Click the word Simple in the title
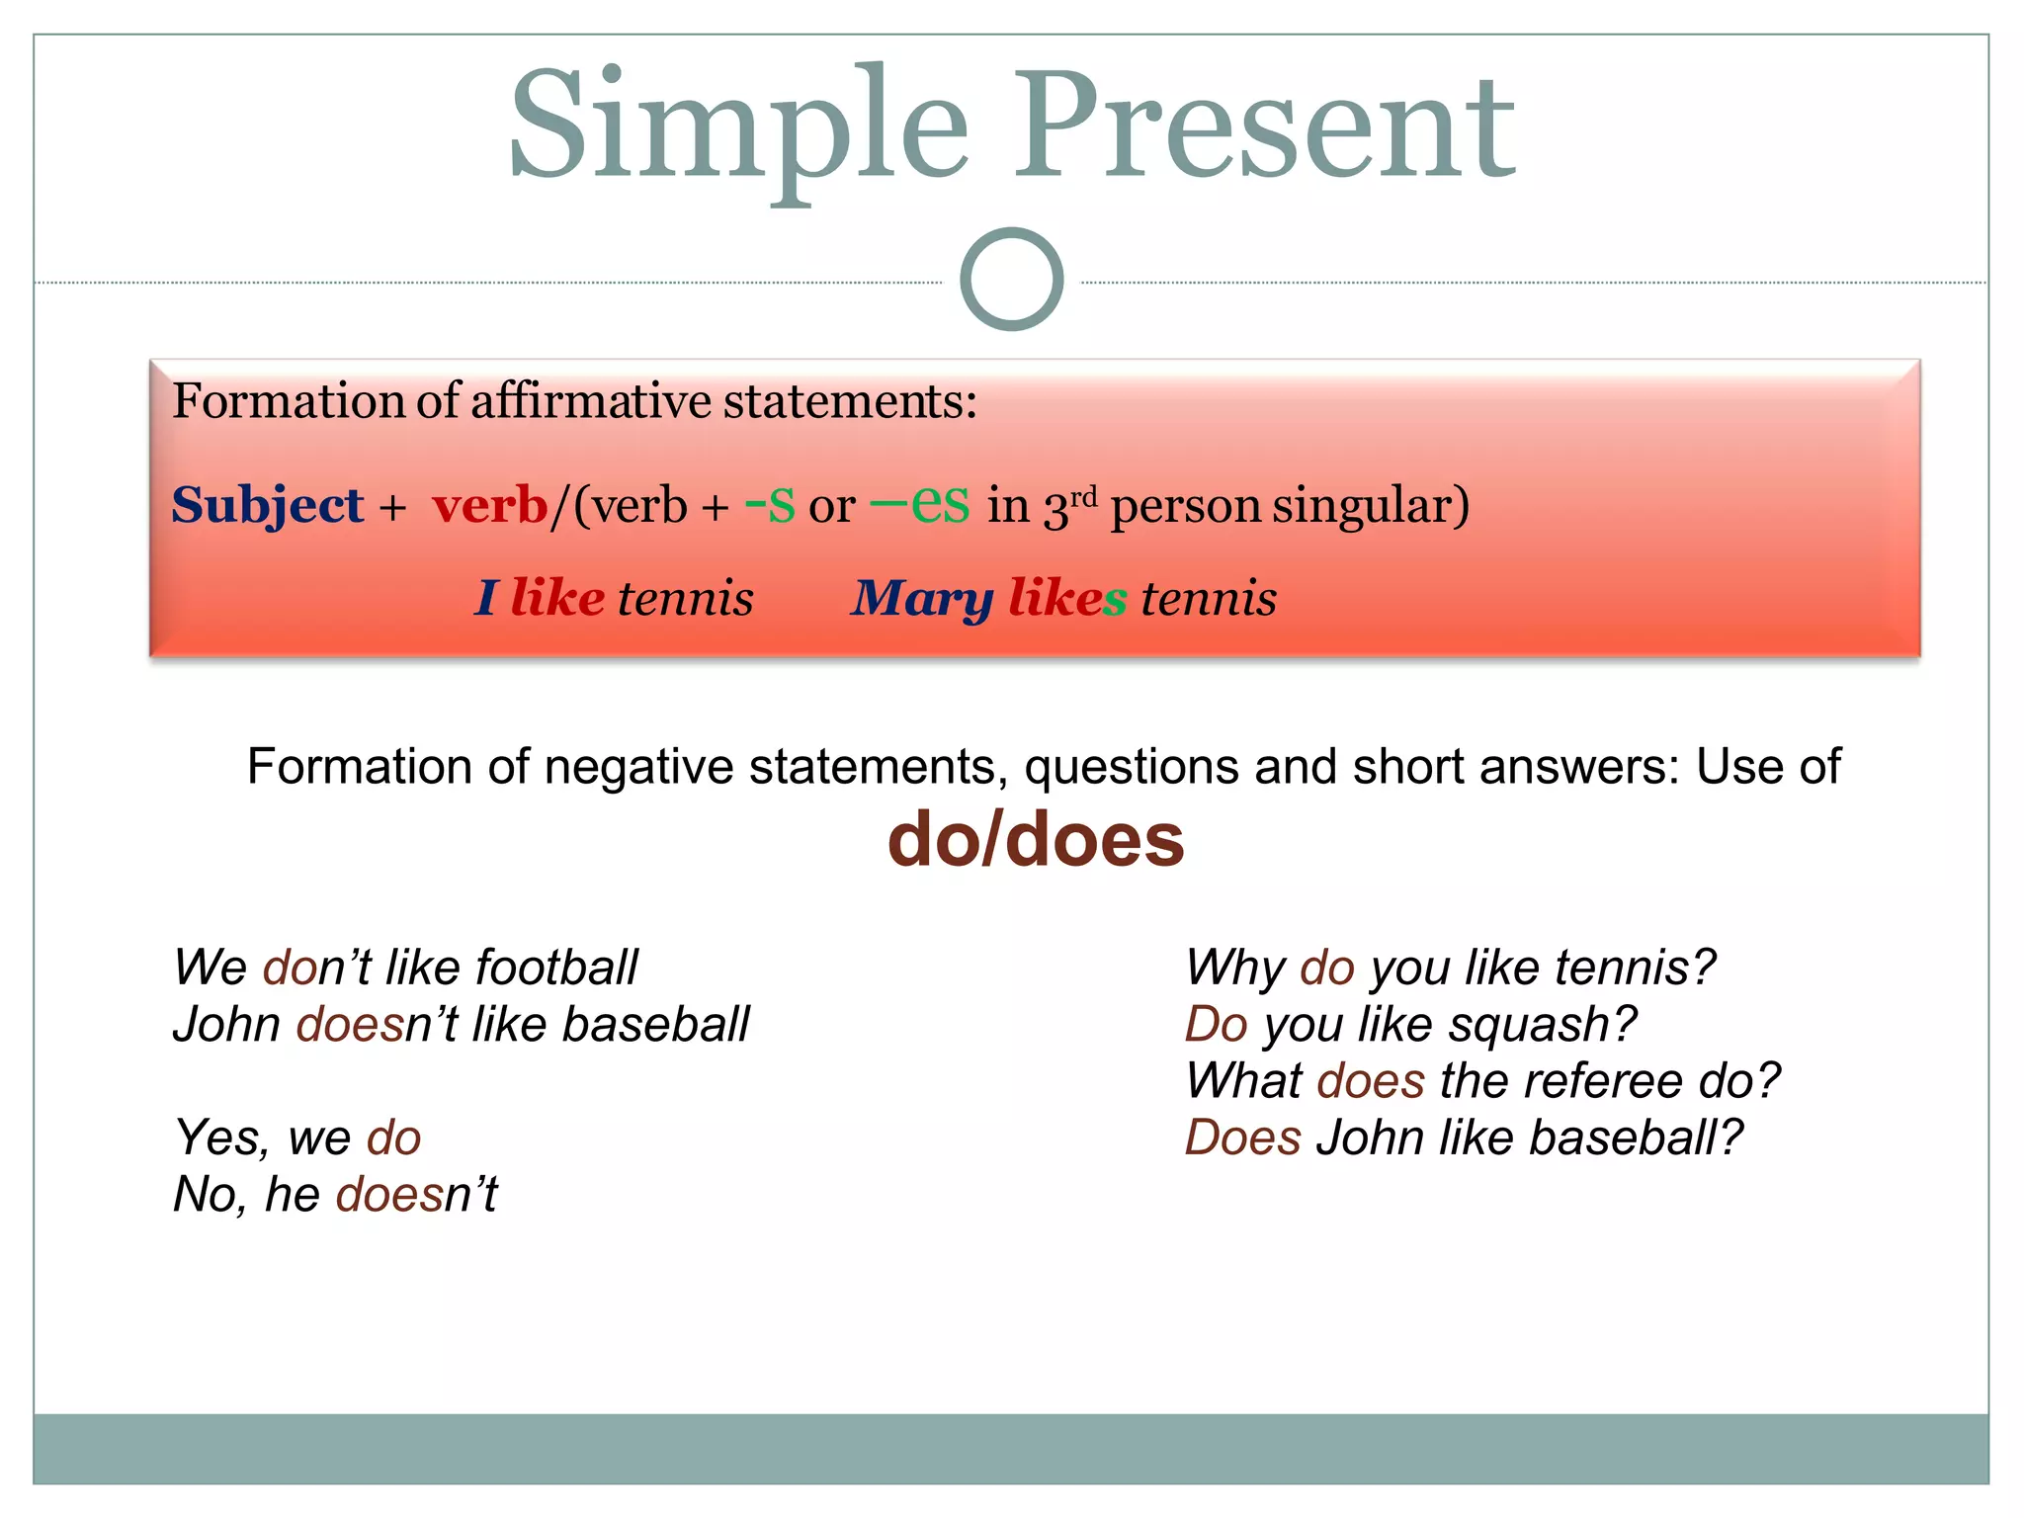click(x=737, y=126)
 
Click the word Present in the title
click(x=1265, y=126)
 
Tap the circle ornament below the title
click(x=1011, y=280)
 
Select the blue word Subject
click(x=268, y=506)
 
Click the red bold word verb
click(x=490, y=506)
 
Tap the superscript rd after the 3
click(x=1084, y=495)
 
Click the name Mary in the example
click(x=921, y=599)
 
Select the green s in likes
click(x=1114, y=599)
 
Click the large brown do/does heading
click(x=1035, y=840)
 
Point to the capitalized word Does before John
click(x=1242, y=1138)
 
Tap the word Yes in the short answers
click(x=219, y=1138)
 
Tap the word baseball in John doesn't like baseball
click(x=655, y=1025)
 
